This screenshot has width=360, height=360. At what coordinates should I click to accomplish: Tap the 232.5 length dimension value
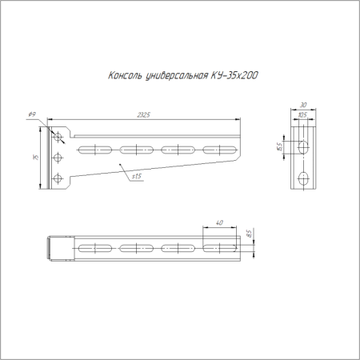click(x=144, y=115)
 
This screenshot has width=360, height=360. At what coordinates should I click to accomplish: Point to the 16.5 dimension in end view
click(x=279, y=146)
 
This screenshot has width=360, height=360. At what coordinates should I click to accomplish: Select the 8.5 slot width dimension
click(x=250, y=234)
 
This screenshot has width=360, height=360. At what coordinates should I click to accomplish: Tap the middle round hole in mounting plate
click(x=57, y=158)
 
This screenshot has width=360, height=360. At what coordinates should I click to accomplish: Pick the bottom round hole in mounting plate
click(x=57, y=177)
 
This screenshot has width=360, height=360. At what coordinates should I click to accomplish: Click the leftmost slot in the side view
click(x=93, y=149)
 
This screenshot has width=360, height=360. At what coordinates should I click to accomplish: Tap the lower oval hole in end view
click(x=303, y=178)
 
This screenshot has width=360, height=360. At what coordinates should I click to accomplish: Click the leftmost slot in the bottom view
click(x=94, y=249)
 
